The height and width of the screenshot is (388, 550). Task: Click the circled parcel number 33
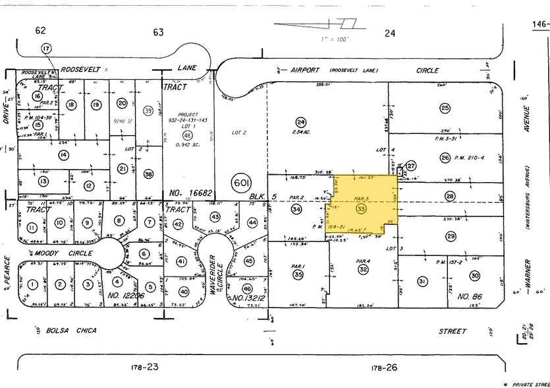point(360,209)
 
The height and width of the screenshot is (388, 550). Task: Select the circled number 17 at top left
point(45,49)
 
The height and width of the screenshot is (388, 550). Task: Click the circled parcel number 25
point(445,108)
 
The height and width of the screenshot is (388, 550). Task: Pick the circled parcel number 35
point(298,274)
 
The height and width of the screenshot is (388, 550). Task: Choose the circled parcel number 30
point(474,275)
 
